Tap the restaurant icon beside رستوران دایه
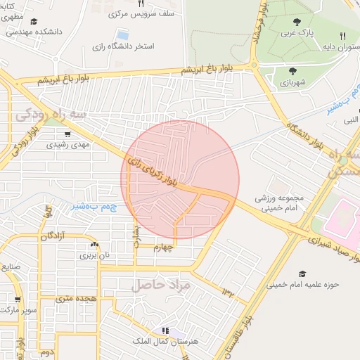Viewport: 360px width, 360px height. (x=342, y=36)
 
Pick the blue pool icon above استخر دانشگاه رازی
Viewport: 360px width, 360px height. (x=123, y=34)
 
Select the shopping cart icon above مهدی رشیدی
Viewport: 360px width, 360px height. (x=67, y=134)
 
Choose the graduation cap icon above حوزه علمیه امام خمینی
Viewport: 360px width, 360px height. (x=302, y=274)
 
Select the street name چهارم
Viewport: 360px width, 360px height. (x=169, y=247)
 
